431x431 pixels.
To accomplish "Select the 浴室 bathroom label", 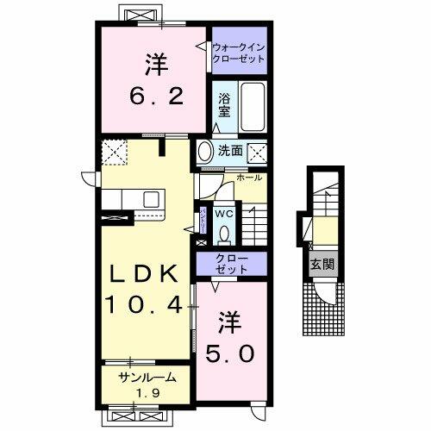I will coord(222,105).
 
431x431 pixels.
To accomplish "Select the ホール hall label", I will coord(248,178).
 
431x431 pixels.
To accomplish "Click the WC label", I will coord(223,213).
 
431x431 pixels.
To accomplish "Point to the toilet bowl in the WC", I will coord(223,233).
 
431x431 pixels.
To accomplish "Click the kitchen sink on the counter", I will coord(152,199).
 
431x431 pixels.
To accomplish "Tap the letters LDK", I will coord(144,273).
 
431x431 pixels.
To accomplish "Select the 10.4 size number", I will coord(144,303).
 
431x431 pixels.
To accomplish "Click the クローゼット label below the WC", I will coord(232,264).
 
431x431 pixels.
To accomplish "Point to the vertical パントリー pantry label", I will coord(203,220).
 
